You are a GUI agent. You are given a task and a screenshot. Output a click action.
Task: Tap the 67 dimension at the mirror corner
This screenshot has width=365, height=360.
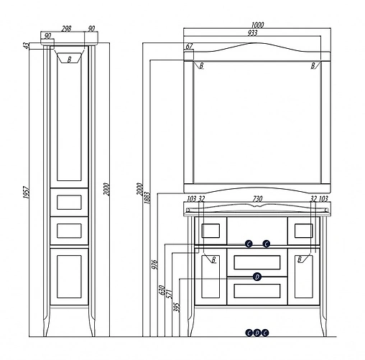pyautogui.click(x=189, y=47)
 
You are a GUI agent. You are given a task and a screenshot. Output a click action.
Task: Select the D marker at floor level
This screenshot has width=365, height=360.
pyautogui.click(x=257, y=332)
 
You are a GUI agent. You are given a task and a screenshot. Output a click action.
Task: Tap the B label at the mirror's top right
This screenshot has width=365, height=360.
pyautogui.click(x=313, y=66)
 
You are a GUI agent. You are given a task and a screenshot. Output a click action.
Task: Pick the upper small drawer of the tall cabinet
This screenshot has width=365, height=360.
pyautogui.click(x=69, y=202)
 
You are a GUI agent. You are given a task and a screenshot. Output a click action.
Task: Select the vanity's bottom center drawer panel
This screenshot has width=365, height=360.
pyautogui.click(x=257, y=290)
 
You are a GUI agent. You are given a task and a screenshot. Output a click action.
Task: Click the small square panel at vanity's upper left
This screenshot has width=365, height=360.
pyautogui.click(x=212, y=231)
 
